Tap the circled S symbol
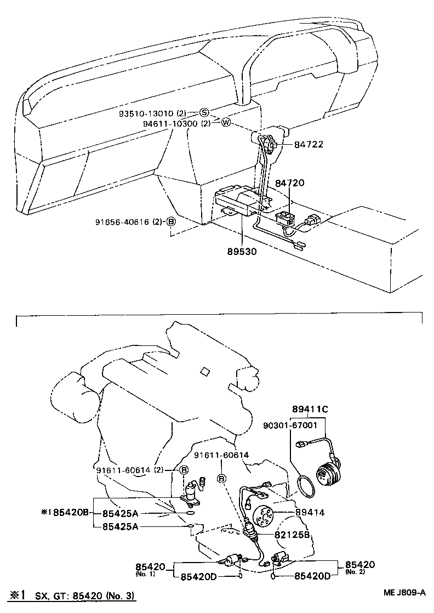204,112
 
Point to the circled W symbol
226,123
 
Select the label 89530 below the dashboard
242,251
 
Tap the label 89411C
310,408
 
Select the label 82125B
293,533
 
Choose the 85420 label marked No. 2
360,564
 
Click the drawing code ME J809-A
404,593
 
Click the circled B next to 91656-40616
170,222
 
